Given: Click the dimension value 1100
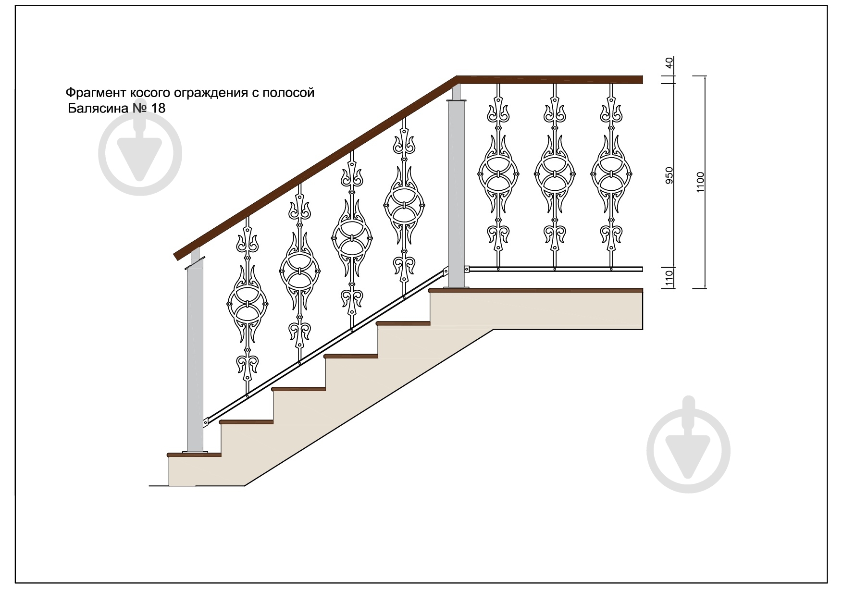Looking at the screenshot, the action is pyautogui.click(x=700, y=182).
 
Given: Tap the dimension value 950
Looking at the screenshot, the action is pyautogui.click(x=669, y=176).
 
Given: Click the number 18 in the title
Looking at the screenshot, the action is pyautogui.click(x=158, y=108).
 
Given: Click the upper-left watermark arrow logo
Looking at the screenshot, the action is pyautogui.click(x=140, y=154).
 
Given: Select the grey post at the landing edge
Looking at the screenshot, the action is pyautogui.click(x=457, y=187).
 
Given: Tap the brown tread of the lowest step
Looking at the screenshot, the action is pyautogui.click(x=194, y=454).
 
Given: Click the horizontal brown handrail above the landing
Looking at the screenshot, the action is pyautogui.click(x=550, y=80).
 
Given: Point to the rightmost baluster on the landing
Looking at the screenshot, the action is pyautogui.click(x=611, y=176).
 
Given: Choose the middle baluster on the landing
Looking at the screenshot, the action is pyautogui.click(x=555, y=176).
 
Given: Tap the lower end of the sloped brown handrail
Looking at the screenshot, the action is pyautogui.click(x=179, y=254).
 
